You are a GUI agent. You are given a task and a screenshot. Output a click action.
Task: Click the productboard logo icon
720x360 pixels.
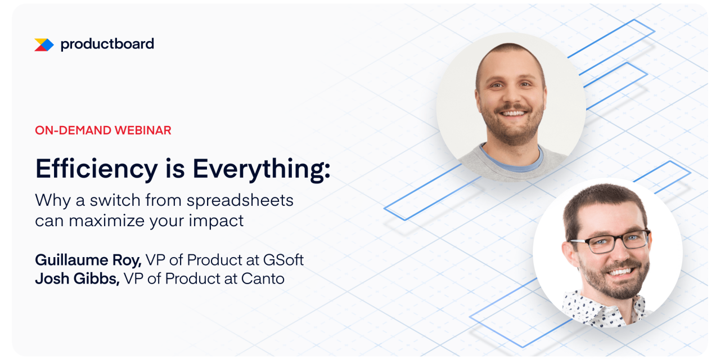[44, 44]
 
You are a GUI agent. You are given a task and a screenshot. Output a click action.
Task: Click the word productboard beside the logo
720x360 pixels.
[107, 44]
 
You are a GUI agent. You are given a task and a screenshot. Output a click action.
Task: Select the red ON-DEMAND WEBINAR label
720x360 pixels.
[103, 130]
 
